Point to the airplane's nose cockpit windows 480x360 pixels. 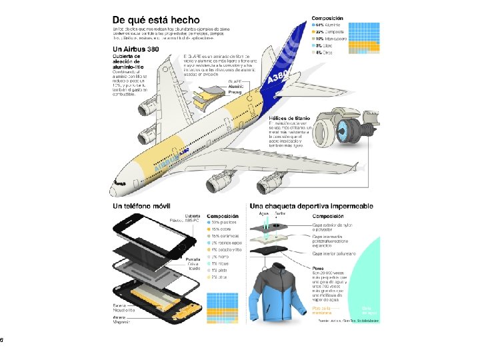click(x=119, y=179)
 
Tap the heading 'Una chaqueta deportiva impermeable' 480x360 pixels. click(x=311, y=207)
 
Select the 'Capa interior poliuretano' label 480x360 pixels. click(x=335, y=253)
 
